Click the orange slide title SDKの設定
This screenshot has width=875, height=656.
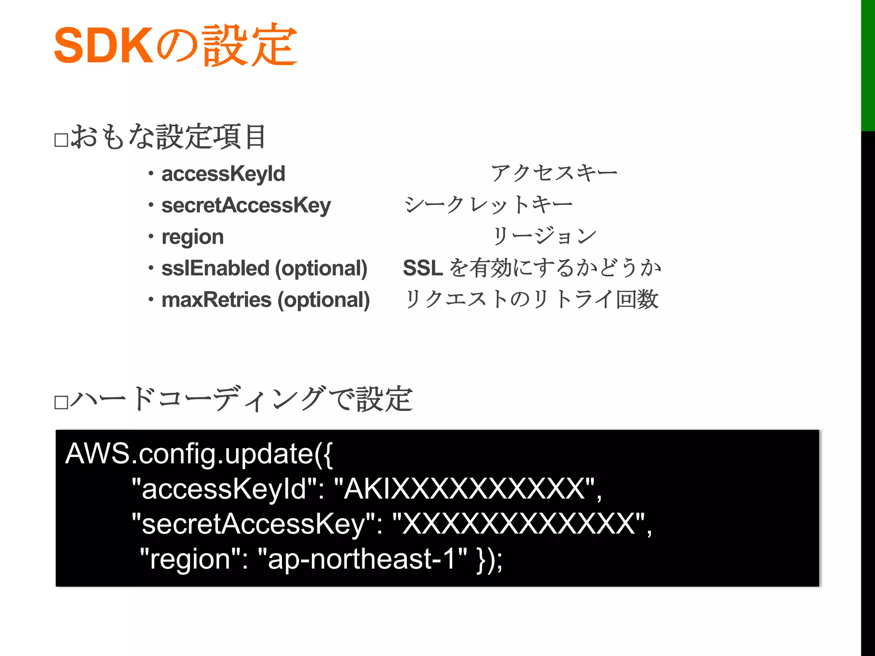(x=175, y=45)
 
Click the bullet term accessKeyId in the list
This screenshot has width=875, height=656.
(x=223, y=174)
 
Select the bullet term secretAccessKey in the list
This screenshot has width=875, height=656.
(x=246, y=205)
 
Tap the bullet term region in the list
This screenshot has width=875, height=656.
(x=193, y=237)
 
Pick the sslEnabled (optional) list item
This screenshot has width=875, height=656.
(x=264, y=269)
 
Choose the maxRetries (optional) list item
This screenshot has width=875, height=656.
(x=265, y=300)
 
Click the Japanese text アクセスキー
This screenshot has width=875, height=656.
(x=554, y=173)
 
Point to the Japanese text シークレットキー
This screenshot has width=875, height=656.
(x=488, y=205)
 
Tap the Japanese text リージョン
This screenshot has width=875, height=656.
(x=544, y=236)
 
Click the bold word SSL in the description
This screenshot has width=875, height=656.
(x=423, y=268)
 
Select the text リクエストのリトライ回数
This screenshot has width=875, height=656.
(x=531, y=299)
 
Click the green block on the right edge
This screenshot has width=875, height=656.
(x=868, y=64)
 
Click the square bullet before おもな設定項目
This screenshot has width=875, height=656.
(x=62, y=140)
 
